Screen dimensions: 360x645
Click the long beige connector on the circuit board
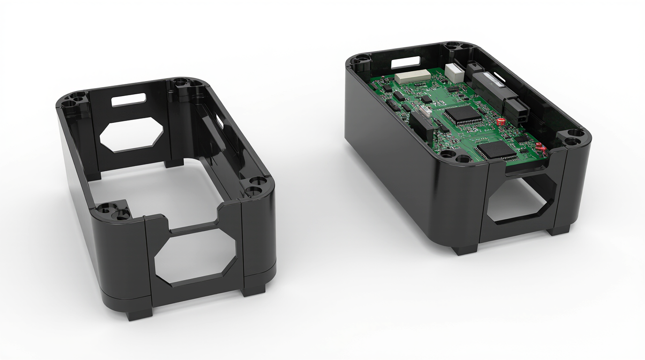click(x=412, y=75)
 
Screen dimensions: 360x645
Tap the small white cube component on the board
click(x=453, y=72)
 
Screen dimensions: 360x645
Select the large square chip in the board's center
click(x=462, y=116)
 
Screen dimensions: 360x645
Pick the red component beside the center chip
click(x=500, y=121)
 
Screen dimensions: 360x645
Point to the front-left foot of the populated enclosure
click(x=466, y=248)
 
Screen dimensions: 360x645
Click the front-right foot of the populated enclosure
click(x=559, y=230)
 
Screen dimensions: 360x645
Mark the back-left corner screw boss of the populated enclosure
click(x=362, y=60)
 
